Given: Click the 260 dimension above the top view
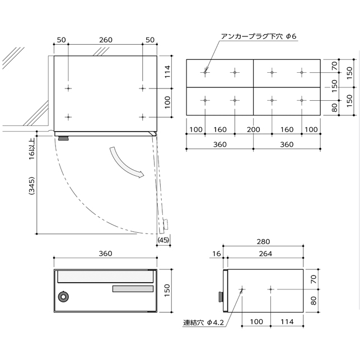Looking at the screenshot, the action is point(106,40).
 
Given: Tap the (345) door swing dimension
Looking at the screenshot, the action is point(32,186).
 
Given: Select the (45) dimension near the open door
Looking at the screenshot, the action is point(163,240).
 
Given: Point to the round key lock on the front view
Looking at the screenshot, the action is point(64,297).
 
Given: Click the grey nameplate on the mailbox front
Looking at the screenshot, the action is point(133,289).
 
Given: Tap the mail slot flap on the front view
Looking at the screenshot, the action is point(105,277).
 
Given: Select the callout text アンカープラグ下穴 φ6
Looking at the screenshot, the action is point(259,36).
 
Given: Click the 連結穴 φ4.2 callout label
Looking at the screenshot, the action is point(203,322).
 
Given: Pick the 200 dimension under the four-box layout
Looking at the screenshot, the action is point(254,130).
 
